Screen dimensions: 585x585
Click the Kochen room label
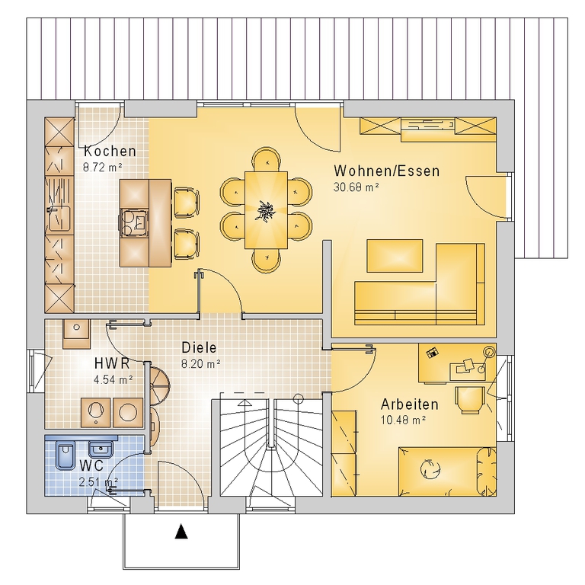110,151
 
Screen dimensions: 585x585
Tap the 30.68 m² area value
356,187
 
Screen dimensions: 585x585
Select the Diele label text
199,347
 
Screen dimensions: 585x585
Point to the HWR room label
111,363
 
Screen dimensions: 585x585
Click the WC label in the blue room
91,465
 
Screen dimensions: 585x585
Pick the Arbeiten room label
409,404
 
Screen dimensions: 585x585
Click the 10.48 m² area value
403,420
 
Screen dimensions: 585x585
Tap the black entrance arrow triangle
181,532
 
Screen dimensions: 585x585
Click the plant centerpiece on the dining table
267,210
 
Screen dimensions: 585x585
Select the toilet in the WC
65,456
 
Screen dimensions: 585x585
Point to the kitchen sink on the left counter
59,219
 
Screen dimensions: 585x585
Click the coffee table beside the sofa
395,256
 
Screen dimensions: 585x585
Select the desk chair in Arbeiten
470,400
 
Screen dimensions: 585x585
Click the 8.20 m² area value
201,364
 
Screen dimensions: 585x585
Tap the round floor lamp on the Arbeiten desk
489,351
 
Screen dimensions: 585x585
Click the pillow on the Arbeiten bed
487,472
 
